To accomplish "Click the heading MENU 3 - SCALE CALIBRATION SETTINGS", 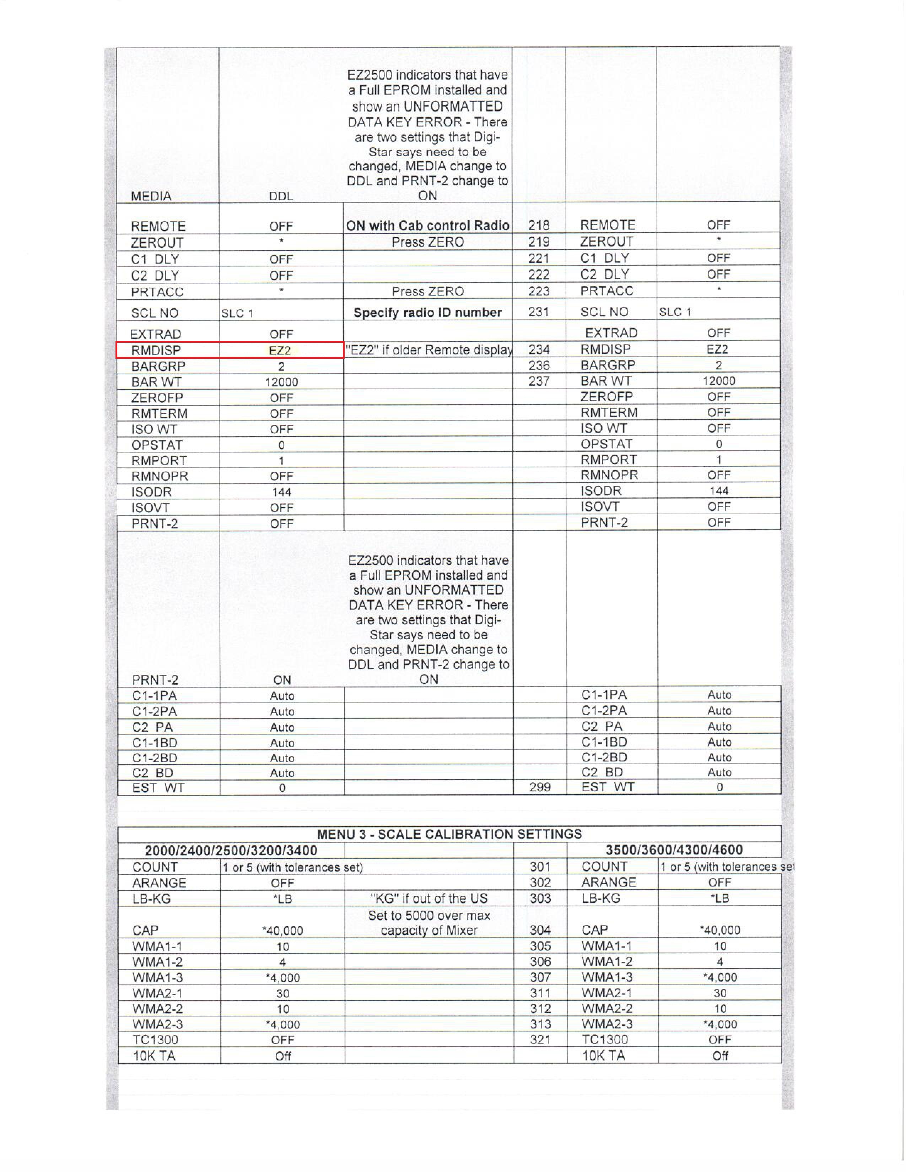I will tap(449, 834).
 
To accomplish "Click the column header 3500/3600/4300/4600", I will tap(674, 850).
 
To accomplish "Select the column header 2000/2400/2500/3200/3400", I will tap(231, 850).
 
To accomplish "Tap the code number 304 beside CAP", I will tap(540, 930).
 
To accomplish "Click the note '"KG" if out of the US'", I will tap(428, 898).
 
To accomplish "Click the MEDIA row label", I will tap(151, 196).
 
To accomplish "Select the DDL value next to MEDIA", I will tap(281, 196).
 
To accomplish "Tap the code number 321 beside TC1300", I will tap(540, 1040).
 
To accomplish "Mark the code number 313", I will tap(540, 1024).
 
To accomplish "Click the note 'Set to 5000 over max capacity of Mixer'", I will tap(428, 922).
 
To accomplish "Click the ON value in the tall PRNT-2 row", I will tap(282, 680).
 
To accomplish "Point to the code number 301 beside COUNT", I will tap(540, 867).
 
